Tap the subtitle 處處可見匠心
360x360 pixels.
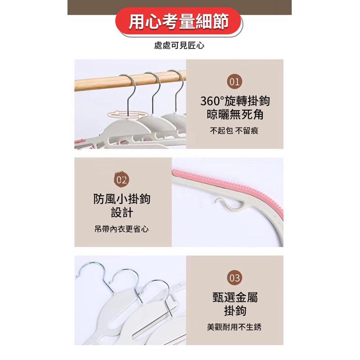179,45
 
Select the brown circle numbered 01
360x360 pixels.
234,82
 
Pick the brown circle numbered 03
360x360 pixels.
234,278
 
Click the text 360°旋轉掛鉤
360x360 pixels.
235,101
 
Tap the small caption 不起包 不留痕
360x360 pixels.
234,131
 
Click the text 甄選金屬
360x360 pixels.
235,297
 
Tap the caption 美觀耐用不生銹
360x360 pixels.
234,327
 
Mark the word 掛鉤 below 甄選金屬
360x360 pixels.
235,311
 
